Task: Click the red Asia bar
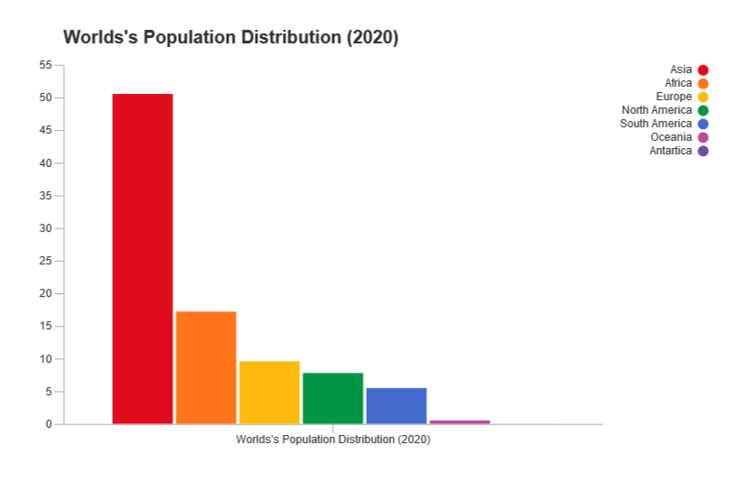pos(143,258)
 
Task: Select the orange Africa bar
pos(206,367)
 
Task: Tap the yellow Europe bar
pos(269,392)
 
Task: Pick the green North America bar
pos(333,398)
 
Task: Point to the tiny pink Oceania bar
pos(460,421)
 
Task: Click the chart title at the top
pos(230,38)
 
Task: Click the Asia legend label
pos(681,69)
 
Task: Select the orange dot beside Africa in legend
pos(703,83)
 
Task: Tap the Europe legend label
pos(674,97)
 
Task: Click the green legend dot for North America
pos(703,110)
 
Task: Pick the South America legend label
pos(656,124)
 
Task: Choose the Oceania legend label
pos(671,137)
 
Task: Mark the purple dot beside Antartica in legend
pos(703,151)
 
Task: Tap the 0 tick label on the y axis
pos(49,424)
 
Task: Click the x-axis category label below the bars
pos(333,439)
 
